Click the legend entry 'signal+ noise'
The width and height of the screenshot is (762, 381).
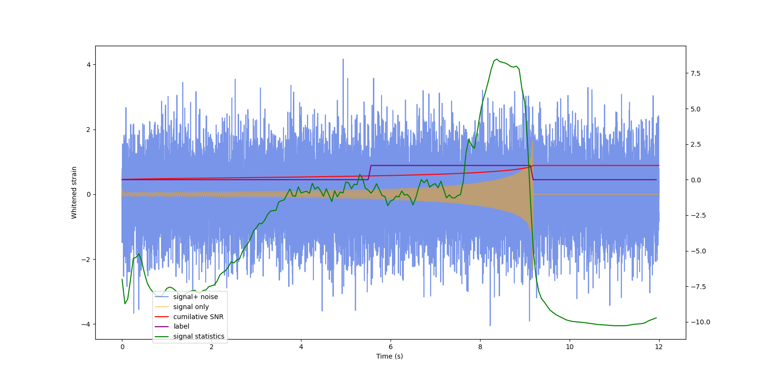click(x=195, y=297)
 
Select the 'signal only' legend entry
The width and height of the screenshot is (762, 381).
click(x=190, y=307)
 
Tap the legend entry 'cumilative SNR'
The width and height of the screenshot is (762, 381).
click(x=198, y=317)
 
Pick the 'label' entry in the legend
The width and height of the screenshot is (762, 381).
click(x=181, y=326)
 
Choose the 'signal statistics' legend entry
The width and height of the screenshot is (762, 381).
click(x=199, y=336)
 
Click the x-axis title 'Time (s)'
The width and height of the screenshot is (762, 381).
click(x=390, y=356)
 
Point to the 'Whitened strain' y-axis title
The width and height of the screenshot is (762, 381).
click(x=74, y=192)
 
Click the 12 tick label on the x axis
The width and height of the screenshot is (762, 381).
click(x=659, y=347)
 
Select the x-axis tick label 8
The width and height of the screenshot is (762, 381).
click(x=480, y=347)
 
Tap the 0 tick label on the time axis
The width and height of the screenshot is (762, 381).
click(x=122, y=347)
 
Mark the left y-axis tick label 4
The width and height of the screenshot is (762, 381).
click(x=89, y=65)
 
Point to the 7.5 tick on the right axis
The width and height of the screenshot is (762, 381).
click(x=695, y=73)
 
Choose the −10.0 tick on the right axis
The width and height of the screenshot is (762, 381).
click(x=700, y=322)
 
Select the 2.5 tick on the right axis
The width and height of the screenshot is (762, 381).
click(x=695, y=144)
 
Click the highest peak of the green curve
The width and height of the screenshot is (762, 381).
click(x=497, y=60)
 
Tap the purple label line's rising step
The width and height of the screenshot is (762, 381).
click(x=370, y=172)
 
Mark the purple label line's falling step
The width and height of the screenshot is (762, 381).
click(x=532, y=172)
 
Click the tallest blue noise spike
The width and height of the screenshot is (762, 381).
click(x=343, y=60)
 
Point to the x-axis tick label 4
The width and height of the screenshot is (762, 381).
click(x=301, y=347)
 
